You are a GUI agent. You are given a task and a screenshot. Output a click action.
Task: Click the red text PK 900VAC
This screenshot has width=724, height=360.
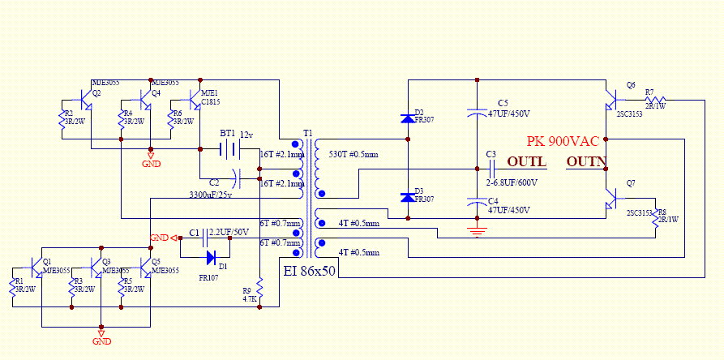coord(563,140)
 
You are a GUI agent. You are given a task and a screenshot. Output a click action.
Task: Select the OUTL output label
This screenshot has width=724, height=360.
coord(526,161)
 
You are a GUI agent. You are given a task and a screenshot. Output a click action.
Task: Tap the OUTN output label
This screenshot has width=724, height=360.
coord(586,161)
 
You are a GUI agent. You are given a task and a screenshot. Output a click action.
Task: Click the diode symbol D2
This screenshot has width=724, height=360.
coord(407,119)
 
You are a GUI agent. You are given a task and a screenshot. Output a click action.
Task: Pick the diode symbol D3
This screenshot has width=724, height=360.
coord(407,197)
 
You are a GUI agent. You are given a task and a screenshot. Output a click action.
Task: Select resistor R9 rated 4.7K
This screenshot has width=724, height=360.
coord(259,288)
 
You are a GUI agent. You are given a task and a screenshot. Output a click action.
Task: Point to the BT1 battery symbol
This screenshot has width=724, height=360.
coord(230,149)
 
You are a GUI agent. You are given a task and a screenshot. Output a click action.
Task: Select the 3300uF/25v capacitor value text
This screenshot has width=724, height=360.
coord(205,195)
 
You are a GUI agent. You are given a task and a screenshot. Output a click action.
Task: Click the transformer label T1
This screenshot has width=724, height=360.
coord(307,133)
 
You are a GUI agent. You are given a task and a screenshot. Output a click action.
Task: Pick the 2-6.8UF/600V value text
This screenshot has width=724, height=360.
coord(512,182)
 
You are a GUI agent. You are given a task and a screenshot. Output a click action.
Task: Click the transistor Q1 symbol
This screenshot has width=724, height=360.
coord(39,268)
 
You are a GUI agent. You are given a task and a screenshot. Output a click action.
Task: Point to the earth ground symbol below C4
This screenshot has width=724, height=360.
coord(477,234)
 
